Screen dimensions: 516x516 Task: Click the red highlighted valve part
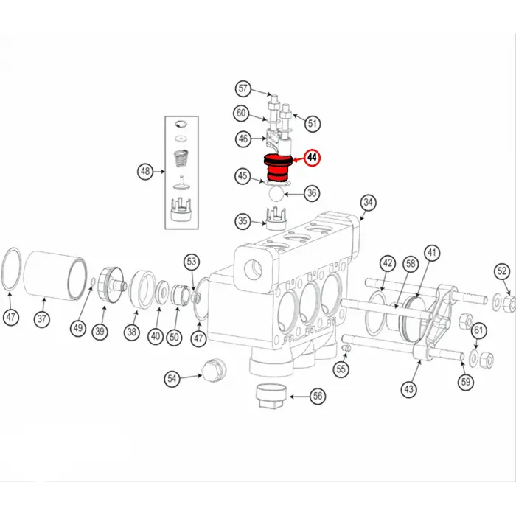coord(278,169)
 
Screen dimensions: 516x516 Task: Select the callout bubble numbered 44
coord(313,158)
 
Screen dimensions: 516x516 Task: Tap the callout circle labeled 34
coord(369,203)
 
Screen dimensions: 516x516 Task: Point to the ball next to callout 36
coord(276,194)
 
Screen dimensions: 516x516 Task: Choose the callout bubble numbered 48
coord(146,172)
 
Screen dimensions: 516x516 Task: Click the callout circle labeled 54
coord(172,378)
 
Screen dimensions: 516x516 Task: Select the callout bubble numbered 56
coord(317,396)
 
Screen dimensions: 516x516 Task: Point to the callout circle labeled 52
coord(501,271)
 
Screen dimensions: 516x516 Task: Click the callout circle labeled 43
coord(409,388)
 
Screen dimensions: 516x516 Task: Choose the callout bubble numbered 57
coord(243,89)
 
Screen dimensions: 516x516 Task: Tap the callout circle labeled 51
coord(313,123)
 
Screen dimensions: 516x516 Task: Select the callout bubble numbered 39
coord(100,332)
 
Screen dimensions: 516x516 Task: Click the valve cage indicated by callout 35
coord(275,220)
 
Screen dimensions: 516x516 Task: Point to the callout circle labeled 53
coord(192,261)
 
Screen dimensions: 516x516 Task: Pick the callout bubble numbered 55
coord(340,369)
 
